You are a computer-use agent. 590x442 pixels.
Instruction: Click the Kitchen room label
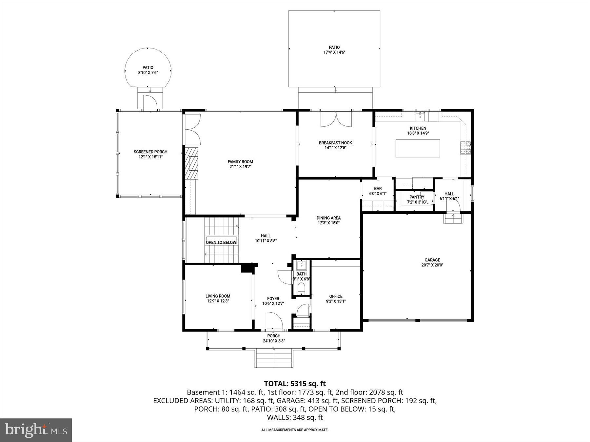click(418, 128)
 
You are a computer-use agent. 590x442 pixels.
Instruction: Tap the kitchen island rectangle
click(418, 148)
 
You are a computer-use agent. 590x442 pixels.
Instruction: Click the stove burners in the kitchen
click(465, 147)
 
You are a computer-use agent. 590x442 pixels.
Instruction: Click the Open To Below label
click(221, 242)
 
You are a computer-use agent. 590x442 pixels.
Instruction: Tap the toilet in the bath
click(301, 288)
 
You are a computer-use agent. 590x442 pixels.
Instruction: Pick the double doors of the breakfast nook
click(336, 119)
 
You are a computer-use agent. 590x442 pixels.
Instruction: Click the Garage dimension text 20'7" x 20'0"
click(432, 265)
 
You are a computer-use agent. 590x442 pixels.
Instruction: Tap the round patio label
click(148, 68)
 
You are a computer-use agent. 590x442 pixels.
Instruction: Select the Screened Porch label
click(150, 152)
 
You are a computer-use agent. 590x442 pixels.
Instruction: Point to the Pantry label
click(417, 197)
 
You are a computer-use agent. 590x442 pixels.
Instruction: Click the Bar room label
click(378, 189)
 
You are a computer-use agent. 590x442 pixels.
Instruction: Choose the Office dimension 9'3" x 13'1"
click(336, 302)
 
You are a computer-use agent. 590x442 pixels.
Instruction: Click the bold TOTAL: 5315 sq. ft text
click(295, 383)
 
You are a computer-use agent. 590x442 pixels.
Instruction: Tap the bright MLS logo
click(36, 430)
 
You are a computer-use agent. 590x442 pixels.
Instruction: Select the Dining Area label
click(328, 218)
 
